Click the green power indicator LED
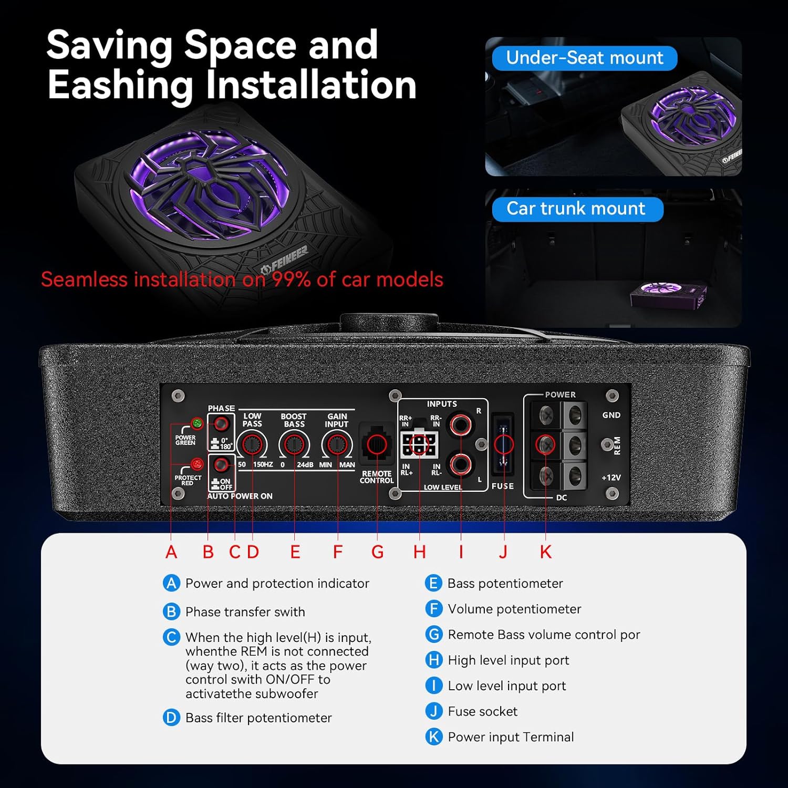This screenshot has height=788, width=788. pyautogui.click(x=197, y=423)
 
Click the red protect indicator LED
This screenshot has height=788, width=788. pyautogui.click(x=197, y=464)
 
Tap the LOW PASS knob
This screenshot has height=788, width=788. pyautogui.click(x=252, y=445)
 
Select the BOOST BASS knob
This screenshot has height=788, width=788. pyautogui.click(x=294, y=445)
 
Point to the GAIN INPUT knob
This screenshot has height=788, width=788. pyautogui.click(x=337, y=445)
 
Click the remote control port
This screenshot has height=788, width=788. pyautogui.click(x=377, y=444)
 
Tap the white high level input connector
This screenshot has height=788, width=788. pyautogui.click(x=419, y=445)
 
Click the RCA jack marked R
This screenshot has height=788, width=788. pyautogui.click(x=461, y=423)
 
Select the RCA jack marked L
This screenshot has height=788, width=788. pyautogui.click(x=461, y=464)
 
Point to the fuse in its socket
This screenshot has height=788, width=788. pyautogui.click(x=503, y=444)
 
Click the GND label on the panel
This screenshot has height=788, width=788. pyautogui.click(x=611, y=415)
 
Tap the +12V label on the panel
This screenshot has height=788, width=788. pyautogui.click(x=611, y=478)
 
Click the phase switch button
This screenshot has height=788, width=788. pyautogui.click(x=221, y=423)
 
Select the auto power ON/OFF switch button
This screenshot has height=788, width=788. pyautogui.click(x=221, y=464)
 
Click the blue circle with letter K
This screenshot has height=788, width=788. pyautogui.click(x=434, y=737)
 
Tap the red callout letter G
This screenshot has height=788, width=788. pyautogui.click(x=377, y=552)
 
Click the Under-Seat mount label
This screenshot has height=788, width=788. pyautogui.click(x=585, y=58)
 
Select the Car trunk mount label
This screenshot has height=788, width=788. pyautogui.click(x=576, y=209)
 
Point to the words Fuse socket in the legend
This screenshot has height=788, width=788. pyautogui.click(x=482, y=711)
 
